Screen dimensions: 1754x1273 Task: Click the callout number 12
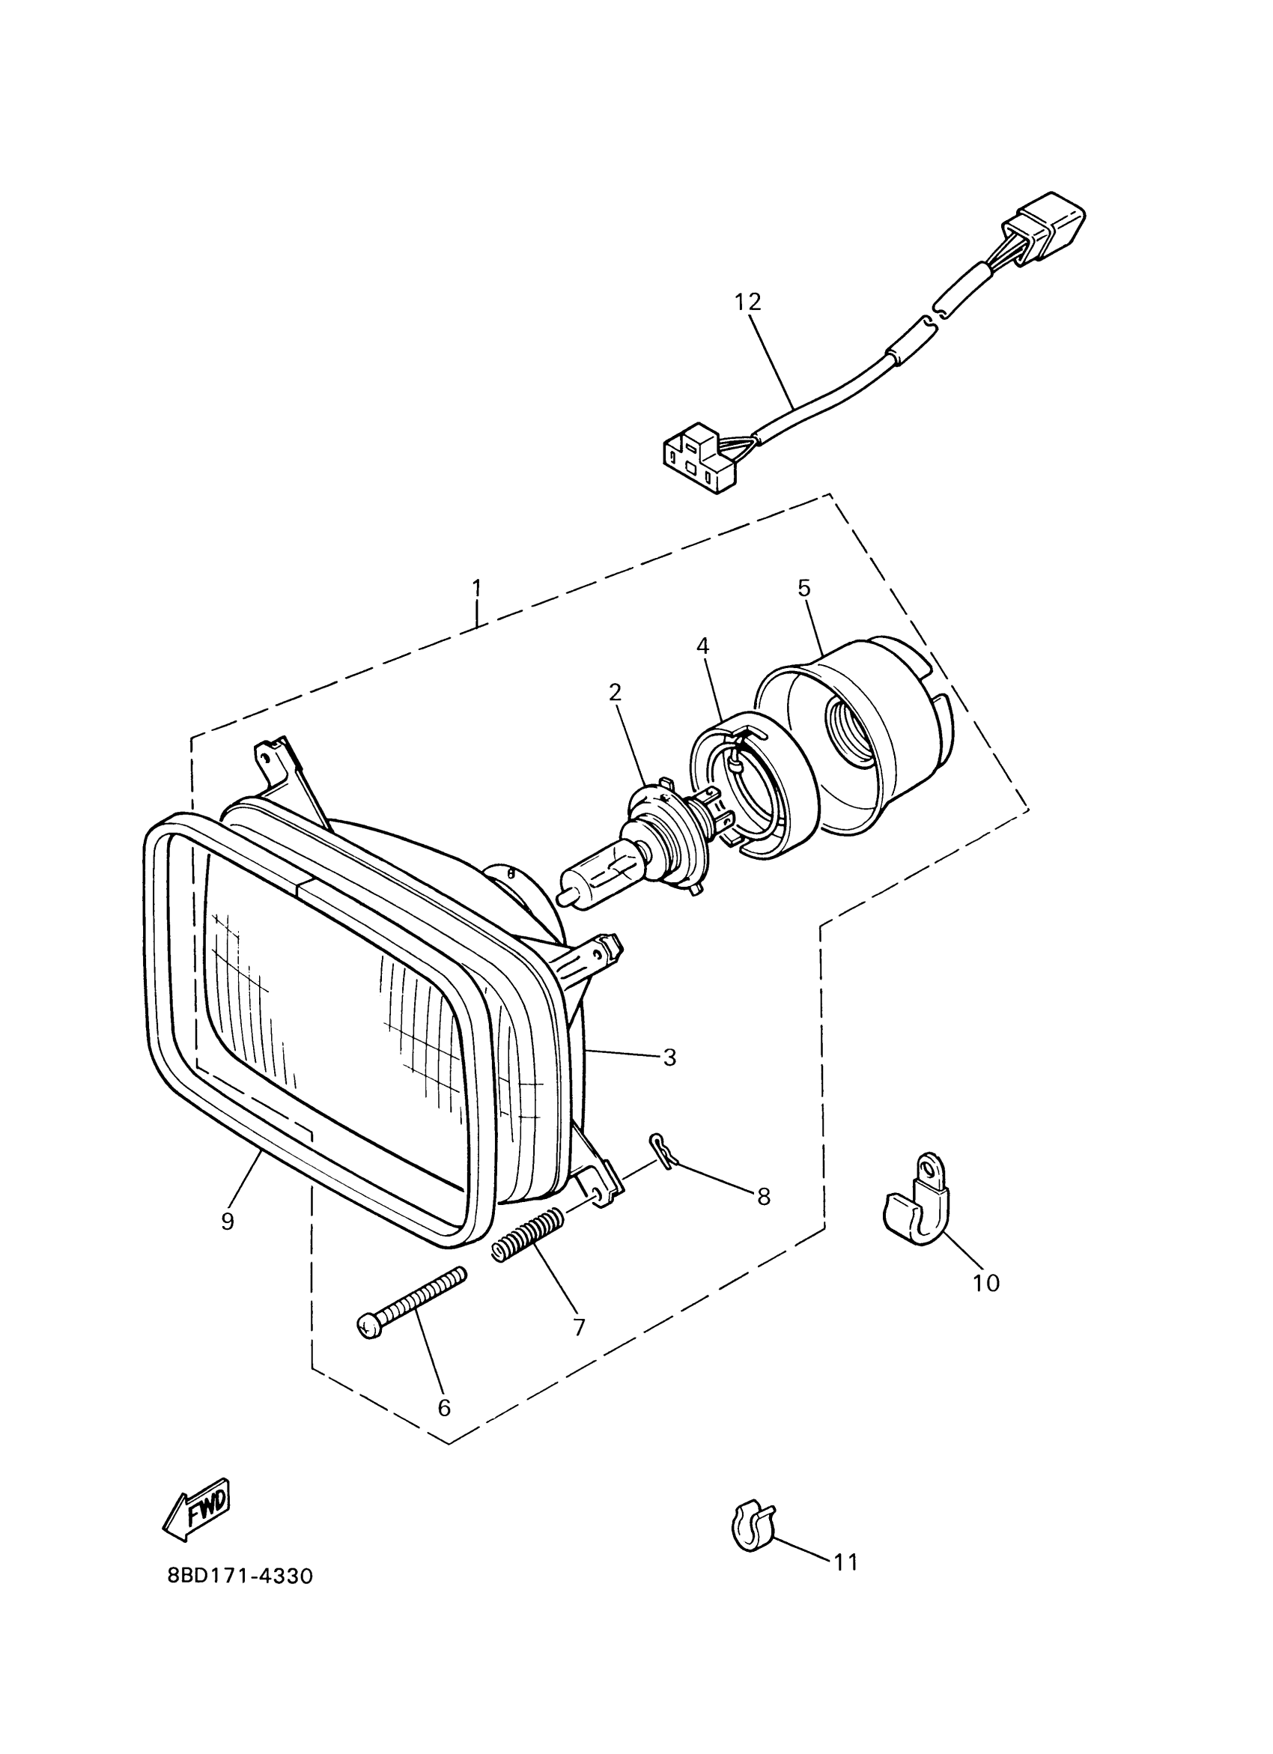tap(748, 302)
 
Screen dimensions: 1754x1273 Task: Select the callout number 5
tap(803, 588)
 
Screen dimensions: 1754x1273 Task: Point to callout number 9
tap(228, 1222)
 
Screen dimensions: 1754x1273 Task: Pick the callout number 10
tap(986, 1283)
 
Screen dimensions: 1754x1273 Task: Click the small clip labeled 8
tap(659, 1148)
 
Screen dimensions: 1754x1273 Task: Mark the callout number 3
tap(669, 1057)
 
